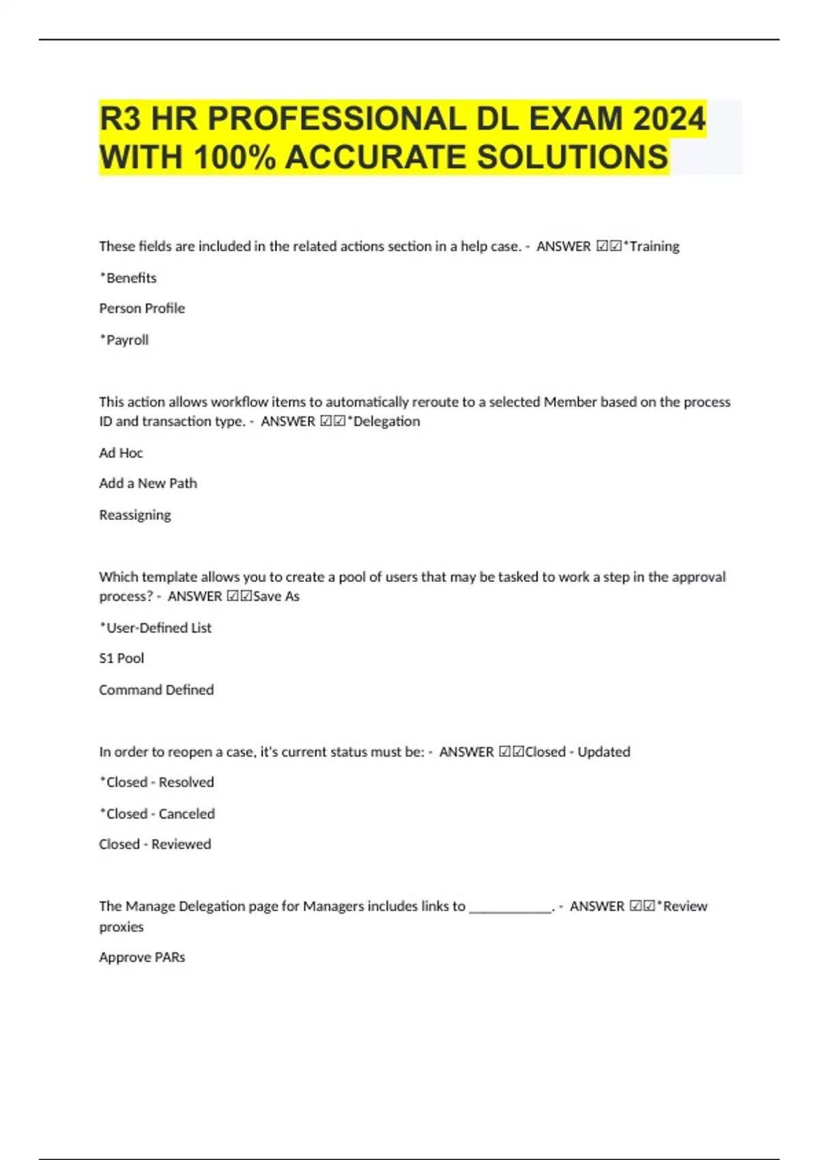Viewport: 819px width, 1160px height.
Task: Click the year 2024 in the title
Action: tap(669, 119)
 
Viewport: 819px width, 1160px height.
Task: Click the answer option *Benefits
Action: tap(128, 278)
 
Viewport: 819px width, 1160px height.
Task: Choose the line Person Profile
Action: tap(142, 308)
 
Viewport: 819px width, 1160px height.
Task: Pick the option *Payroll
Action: tap(124, 340)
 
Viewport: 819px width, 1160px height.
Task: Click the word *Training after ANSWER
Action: tap(652, 246)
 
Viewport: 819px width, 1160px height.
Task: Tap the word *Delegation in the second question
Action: tap(384, 422)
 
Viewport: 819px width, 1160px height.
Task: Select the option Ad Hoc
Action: tap(121, 453)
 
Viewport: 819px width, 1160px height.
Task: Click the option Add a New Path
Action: tap(148, 483)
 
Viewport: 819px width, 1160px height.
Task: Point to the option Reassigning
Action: tap(135, 515)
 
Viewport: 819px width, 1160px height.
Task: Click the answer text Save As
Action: tap(276, 596)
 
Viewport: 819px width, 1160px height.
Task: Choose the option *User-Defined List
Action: tap(156, 628)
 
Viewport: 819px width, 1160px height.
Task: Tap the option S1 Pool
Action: tap(121, 658)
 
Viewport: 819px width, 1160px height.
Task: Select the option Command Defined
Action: tap(156, 690)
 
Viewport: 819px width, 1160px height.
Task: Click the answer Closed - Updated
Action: tap(577, 752)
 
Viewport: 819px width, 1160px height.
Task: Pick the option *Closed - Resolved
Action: tap(157, 782)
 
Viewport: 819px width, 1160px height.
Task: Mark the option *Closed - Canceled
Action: tap(158, 813)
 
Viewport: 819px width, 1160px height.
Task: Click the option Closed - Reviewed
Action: tap(155, 844)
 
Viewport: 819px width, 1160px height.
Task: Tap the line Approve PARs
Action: tap(142, 957)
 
